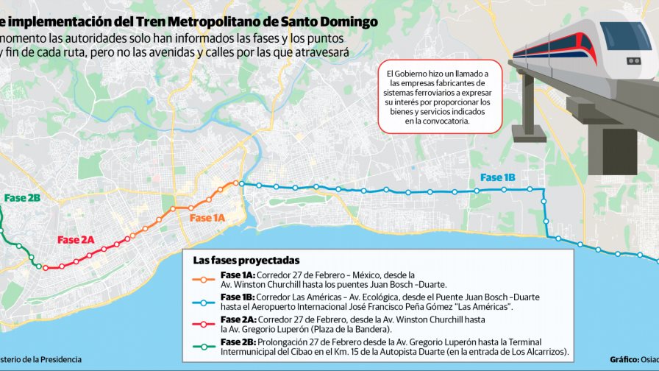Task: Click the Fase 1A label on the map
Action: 207,218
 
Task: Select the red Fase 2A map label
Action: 76,240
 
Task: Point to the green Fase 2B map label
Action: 22,198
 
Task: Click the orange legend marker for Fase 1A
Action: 205,279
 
